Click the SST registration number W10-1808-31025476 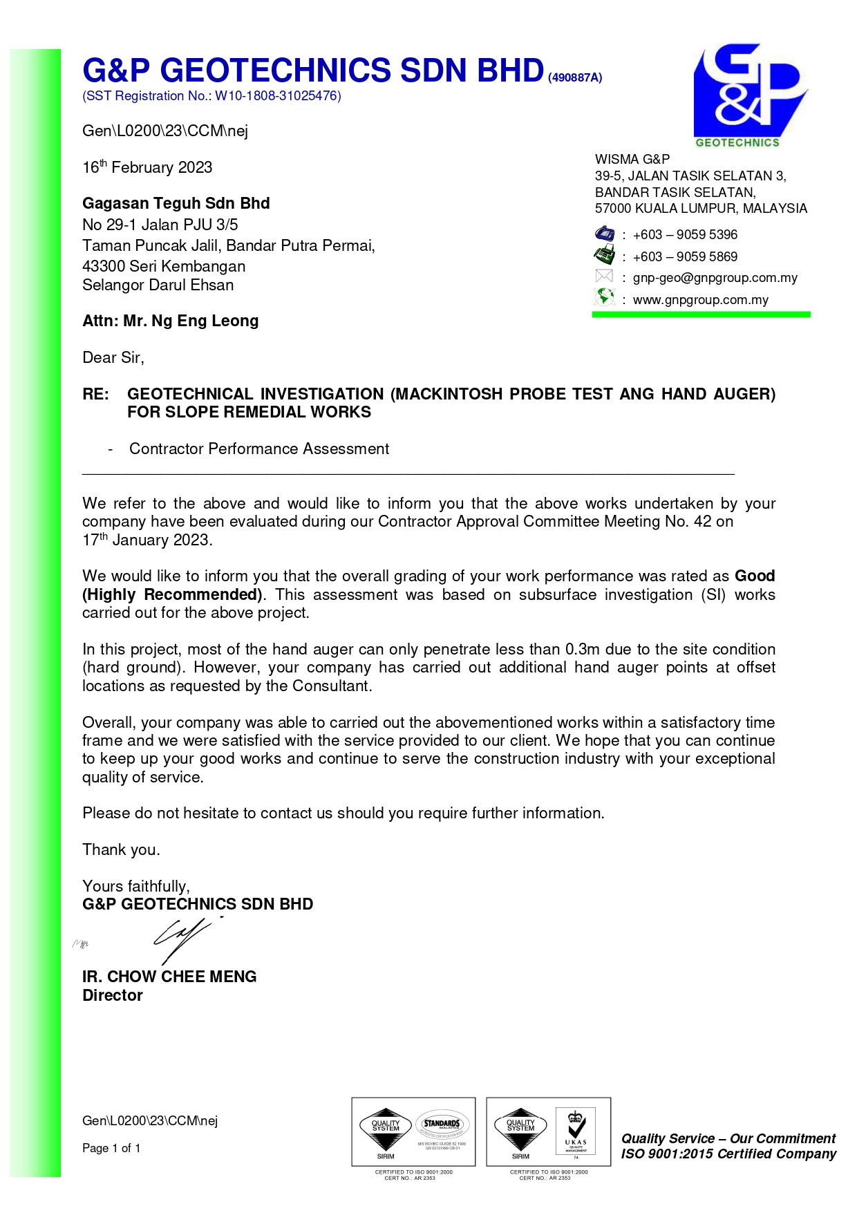point(278,96)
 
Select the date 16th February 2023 point(147,167)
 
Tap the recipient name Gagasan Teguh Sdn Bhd point(176,203)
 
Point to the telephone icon point(605,234)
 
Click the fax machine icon point(605,255)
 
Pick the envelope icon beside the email point(604,276)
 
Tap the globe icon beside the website point(604,297)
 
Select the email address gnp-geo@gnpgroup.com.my point(715,278)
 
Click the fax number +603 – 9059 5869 point(685,256)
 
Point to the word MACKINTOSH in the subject point(449,394)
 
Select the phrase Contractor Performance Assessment point(259,449)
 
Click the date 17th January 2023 point(147,540)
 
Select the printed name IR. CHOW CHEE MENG point(169,977)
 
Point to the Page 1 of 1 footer point(111,1148)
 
